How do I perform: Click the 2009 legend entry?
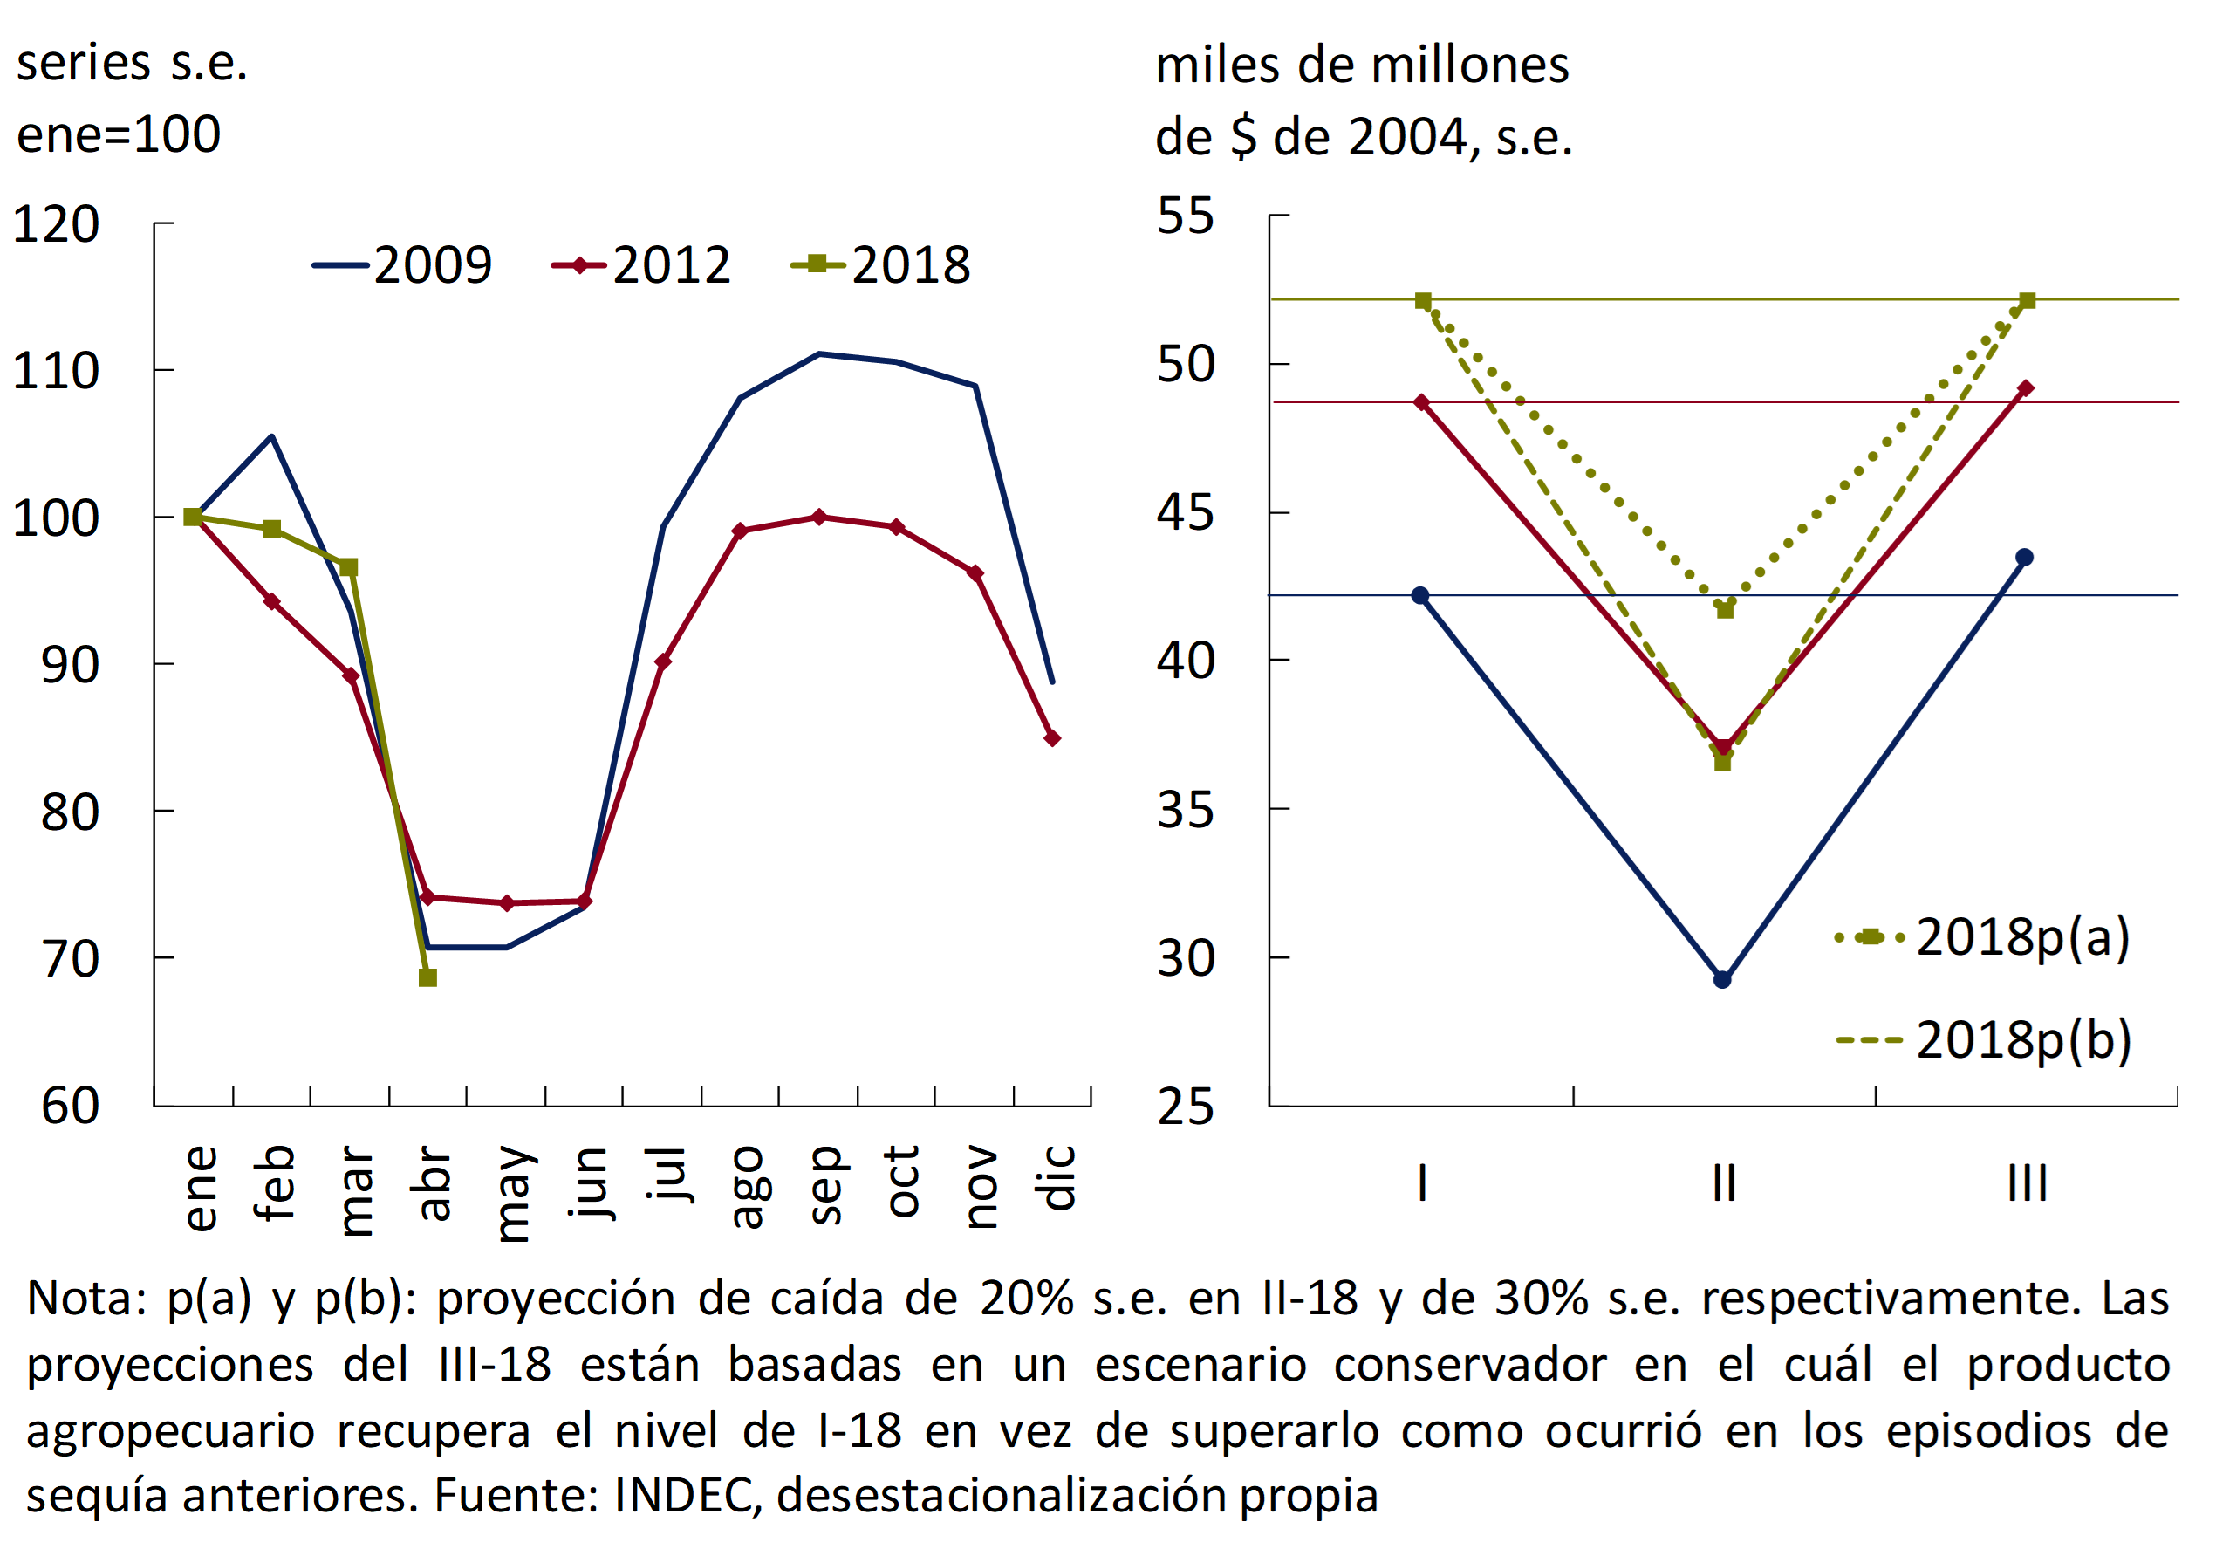(402, 265)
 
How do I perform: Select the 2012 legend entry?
(642, 265)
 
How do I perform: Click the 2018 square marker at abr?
(427, 977)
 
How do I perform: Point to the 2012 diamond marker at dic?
(1053, 738)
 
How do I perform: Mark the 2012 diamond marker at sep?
(819, 518)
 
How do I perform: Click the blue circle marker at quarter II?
(1723, 980)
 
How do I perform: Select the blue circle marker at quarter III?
(2025, 557)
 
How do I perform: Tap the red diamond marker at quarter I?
(1422, 402)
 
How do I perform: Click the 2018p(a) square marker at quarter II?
(1725, 610)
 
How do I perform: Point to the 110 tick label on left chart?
(56, 371)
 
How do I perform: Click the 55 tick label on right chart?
(1186, 216)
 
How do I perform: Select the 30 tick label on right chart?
(1186, 958)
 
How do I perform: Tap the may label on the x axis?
(512, 1193)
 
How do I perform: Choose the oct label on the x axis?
(901, 1182)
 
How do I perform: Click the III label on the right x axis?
(2027, 1183)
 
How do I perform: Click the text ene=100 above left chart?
(119, 134)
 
